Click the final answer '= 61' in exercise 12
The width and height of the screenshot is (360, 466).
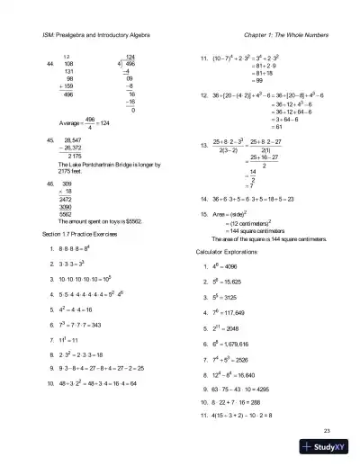point(252,127)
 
